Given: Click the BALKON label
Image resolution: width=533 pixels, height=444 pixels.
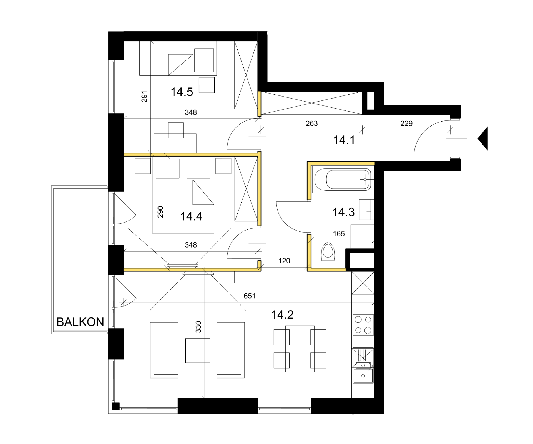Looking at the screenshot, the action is [80, 322].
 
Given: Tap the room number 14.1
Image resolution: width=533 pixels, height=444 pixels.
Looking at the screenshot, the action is [344, 140].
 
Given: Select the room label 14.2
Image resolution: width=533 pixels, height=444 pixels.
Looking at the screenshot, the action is [282, 315].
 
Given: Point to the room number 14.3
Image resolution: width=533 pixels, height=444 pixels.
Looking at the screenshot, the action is [343, 212].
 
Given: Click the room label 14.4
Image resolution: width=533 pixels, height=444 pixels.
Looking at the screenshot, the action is [191, 216].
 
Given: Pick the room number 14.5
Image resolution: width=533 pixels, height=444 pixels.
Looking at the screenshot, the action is [182, 92].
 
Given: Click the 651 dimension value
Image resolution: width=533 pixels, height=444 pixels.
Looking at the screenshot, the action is [249, 296].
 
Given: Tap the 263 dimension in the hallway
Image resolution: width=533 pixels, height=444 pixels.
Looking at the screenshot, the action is [311, 123].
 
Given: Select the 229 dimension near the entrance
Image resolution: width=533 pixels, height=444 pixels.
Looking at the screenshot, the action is [406, 123].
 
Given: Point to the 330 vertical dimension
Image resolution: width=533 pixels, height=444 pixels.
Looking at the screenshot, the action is [198, 327].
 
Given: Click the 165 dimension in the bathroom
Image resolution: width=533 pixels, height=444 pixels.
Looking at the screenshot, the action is [339, 234].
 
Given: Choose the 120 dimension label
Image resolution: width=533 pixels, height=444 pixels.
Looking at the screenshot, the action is [284, 261].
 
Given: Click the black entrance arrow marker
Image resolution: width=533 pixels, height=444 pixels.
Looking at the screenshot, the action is [483, 138].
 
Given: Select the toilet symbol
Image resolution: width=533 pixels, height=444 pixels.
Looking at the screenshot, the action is [328, 252].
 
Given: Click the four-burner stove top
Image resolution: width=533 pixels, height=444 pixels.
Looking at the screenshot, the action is [363, 325].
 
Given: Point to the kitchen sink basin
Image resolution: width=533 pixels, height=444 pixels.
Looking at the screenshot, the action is [363, 376].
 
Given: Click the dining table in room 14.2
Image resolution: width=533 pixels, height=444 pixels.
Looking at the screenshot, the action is [300, 349].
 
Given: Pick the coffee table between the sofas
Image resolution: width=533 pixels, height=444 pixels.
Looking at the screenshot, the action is [198, 350].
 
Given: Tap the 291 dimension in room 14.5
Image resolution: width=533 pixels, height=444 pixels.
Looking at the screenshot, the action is [144, 97].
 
